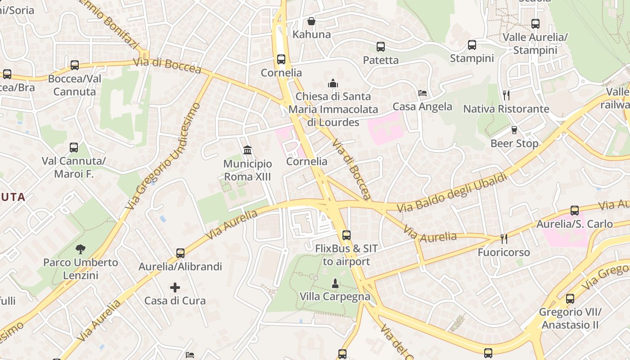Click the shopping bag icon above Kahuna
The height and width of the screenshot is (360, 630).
tap(311, 21)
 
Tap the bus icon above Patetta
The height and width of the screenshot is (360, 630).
tap(380, 46)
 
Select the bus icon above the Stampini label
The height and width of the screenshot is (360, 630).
tap(472, 45)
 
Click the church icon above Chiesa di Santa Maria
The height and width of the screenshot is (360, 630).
tap(333, 83)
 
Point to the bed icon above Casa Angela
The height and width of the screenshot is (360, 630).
tap(422, 93)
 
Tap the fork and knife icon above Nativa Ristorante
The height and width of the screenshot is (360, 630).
tap(506, 95)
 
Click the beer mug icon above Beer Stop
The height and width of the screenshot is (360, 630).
tap(514, 130)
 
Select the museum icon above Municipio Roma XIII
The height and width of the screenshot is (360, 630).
tap(247, 150)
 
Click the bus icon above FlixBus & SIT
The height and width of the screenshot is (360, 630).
tap(346, 235)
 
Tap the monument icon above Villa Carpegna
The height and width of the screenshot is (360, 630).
tap(335, 283)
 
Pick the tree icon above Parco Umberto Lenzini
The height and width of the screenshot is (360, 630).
tap(81, 249)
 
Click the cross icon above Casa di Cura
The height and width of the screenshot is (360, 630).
tap(175, 287)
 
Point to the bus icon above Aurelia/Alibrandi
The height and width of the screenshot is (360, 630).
tap(180, 253)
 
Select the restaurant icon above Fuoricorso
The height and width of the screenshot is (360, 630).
tap(504, 238)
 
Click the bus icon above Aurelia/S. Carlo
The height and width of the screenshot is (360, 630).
tap(574, 210)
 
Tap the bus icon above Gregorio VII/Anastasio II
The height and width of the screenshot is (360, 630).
tap(570, 298)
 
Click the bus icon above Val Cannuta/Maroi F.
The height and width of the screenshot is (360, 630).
tap(74, 147)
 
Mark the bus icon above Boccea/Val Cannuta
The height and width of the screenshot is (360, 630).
tap(75, 65)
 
